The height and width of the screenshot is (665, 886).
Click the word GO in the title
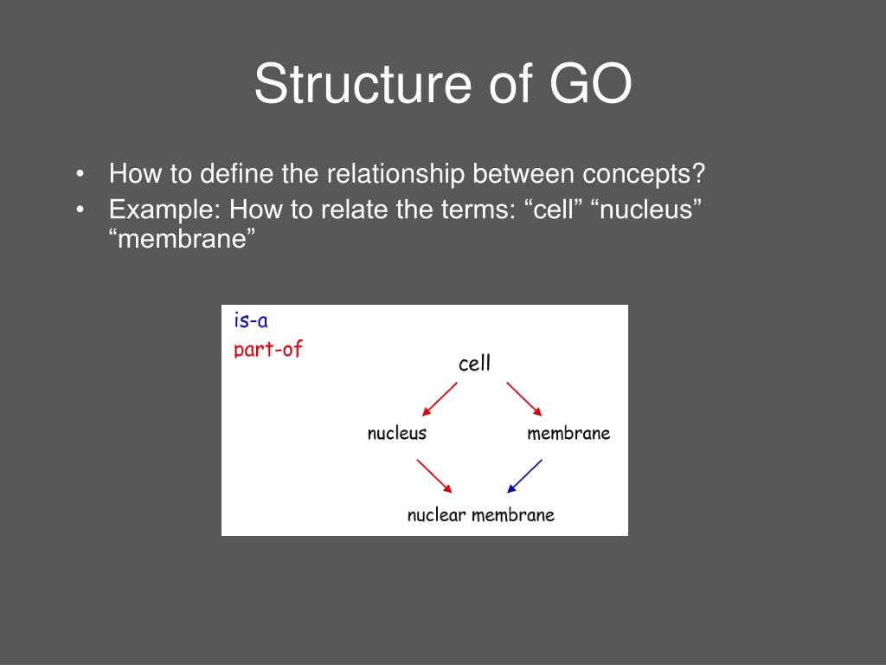pyautogui.click(x=590, y=85)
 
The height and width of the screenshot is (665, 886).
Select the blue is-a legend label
pyautogui.click(x=251, y=321)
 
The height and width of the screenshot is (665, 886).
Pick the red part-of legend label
pyautogui.click(x=268, y=350)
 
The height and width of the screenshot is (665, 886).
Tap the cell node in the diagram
pyautogui.click(x=474, y=364)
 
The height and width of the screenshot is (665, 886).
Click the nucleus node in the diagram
pyautogui.click(x=397, y=433)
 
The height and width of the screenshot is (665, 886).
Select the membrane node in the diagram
pyautogui.click(x=568, y=433)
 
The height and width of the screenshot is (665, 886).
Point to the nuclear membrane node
pyautogui.click(x=480, y=515)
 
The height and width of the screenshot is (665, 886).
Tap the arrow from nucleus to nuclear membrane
pyautogui.click(x=434, y=475)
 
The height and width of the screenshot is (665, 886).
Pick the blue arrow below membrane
pyautogui.click(x=524, y=475)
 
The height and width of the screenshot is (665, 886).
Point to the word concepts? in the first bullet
pyautogui.click(x=644, y=174)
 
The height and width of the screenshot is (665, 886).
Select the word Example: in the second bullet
pyautogui.click(x=164, y=209)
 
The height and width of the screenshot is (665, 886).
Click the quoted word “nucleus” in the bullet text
pyautogui.click(x=644, y=209)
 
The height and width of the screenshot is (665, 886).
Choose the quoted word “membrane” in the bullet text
pyautogui.click(x=183, y=239)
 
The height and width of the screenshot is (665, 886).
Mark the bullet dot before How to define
pyautogui.click(x=80, y=175)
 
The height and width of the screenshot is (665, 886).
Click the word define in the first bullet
pyautogui.click(x=237, y=174)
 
